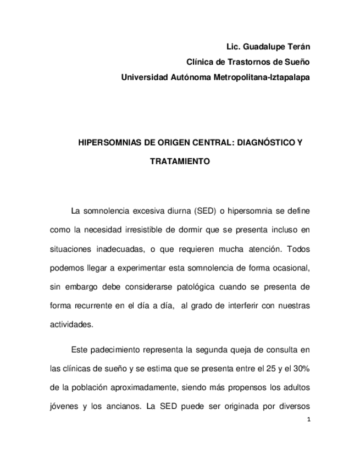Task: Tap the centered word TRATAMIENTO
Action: (180, 163)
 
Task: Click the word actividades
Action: (71, 325)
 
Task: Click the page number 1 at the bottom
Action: (309, 420)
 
